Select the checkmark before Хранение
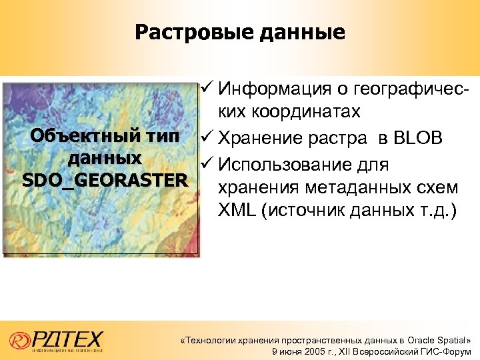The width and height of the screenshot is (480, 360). point(207,139)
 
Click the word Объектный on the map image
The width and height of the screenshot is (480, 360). point(78,137)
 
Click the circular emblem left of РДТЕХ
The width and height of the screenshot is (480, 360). point(19,340)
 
